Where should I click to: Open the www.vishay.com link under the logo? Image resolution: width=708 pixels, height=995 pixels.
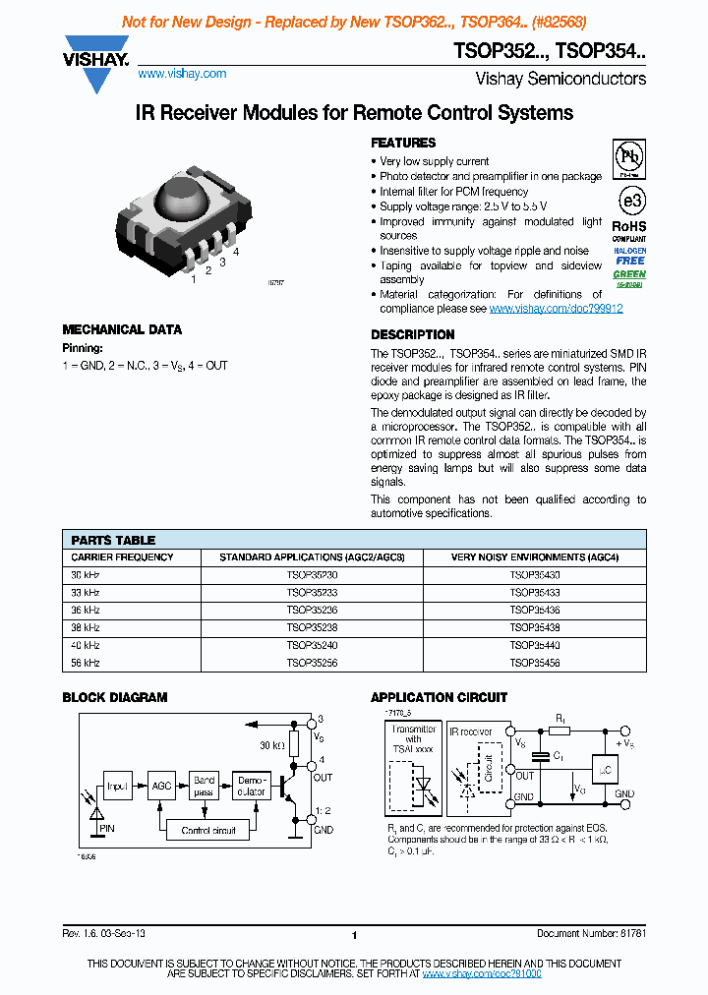(x=182, y=74)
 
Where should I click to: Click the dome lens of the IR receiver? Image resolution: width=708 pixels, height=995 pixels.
(x=184, y=200)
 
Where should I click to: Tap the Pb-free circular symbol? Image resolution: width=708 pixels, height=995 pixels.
(x=629, y=159)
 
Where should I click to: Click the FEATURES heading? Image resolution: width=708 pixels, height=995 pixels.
(x=403, y=143)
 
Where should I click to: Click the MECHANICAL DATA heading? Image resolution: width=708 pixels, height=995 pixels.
(x=122, y=330)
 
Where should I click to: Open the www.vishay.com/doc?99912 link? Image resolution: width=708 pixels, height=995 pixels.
(x=556, y=308)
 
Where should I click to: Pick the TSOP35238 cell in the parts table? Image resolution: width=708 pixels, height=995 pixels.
(x=311, y=627)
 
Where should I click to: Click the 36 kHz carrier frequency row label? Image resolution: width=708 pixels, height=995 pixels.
(x=86, y=610)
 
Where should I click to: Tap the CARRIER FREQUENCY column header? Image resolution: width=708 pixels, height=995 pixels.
(x=122, y=556)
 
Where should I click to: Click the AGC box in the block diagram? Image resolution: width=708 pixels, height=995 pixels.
(x=162, y=787)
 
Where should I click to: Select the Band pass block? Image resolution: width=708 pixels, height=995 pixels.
(x=204, y=786)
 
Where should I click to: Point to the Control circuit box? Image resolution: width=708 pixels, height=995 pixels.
(x=208, y=831)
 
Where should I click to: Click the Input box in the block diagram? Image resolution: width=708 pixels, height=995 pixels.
(x=118, y=787)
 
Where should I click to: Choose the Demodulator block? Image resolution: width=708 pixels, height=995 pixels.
(x=251, y=786)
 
